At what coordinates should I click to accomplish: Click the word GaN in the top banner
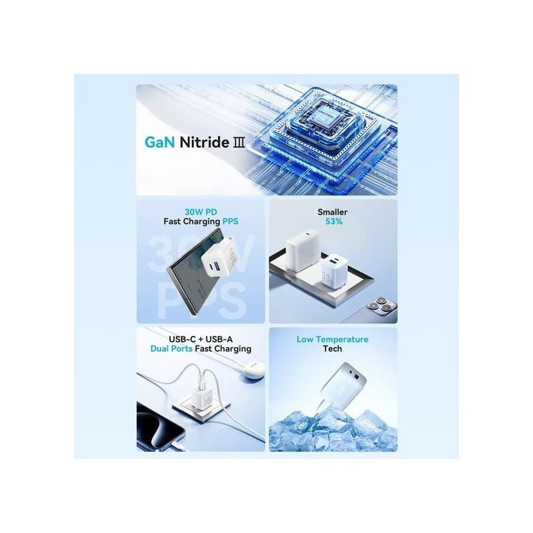tap(159, 142)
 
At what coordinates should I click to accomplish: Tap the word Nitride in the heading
tap(204, 142)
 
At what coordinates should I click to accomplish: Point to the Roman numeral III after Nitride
tap(239, 142)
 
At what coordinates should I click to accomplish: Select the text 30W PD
tap(201, 212)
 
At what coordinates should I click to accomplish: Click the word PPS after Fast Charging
tap(230, 221)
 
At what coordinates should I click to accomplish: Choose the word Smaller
tap(332, 212)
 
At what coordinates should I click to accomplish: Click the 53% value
tap(334, 221)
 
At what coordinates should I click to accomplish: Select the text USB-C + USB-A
tap(201, 339)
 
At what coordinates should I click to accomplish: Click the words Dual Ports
tap(171, 348)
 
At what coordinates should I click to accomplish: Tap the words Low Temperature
tap(332, 339)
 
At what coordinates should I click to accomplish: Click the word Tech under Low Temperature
tap(332, 348)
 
